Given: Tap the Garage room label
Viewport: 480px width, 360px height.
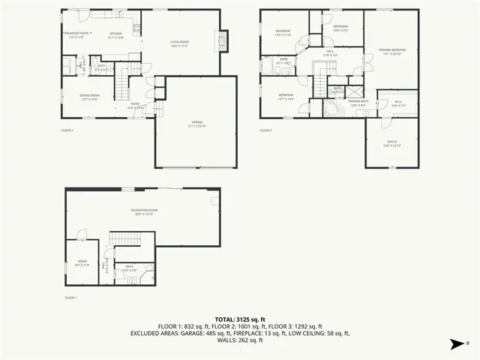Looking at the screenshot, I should [x=196, y=123].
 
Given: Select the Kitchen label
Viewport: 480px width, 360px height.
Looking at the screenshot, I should [x=115, y=34].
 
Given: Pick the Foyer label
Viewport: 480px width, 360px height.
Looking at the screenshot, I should [x=135, y=105].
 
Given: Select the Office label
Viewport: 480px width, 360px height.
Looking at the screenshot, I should [x=391, y=143].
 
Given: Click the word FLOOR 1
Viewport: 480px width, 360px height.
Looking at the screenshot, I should [x=70, y=298].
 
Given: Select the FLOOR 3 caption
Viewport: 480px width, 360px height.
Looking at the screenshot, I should [x=266, y=130].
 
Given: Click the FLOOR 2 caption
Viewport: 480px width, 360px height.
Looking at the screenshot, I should [x=67, y=130].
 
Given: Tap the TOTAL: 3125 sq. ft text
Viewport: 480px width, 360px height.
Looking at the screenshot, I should [x=240, y=319].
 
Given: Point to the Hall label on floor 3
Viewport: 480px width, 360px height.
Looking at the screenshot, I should [x=330, y=52].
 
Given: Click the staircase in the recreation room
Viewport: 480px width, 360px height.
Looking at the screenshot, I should [x=126, y=239].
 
